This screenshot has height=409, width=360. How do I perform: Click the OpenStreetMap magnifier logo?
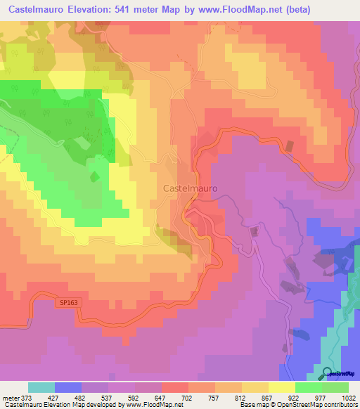click(328, 373)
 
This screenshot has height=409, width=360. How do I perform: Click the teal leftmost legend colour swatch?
click(41, 387)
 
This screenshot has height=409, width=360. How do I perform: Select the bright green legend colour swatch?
click(309, 387)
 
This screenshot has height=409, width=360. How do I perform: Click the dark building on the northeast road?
click(288, 147)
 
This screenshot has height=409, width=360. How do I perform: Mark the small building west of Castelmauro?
click(95, 177)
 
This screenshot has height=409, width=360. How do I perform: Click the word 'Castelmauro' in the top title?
click(32, 8)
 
